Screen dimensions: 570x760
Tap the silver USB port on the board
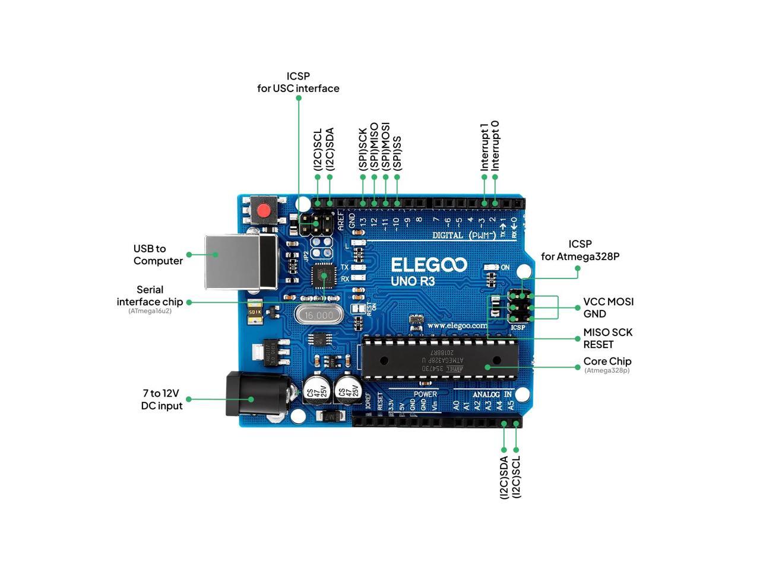tap(240, 262)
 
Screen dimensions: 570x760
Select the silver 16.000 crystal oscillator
tap(320, 315)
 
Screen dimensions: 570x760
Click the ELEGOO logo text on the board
tap(429, 265)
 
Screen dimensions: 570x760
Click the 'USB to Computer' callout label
tap(158, 255)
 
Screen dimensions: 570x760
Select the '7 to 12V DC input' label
tap(162, 400)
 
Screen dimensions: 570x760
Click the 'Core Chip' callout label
tap(607, 362)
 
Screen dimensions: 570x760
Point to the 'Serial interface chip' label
tap(150, 296)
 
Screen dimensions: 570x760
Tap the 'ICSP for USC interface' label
tap(298, 82)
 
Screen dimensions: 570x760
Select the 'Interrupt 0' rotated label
tap(495, 146)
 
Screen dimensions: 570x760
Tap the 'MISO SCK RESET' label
tap(607, 338)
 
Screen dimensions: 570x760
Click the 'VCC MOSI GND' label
tap(608, 308)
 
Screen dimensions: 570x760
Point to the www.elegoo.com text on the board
tap(457, 325)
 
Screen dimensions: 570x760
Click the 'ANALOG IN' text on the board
tap(492, 394)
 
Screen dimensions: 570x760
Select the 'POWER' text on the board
tap(425, 394)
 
